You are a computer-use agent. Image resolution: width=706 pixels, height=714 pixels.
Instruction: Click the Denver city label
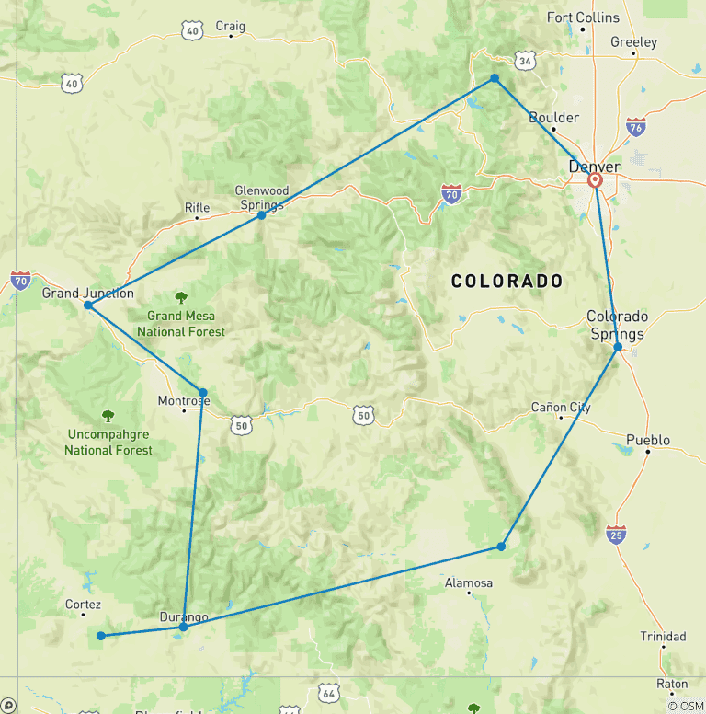(x=594, y=167)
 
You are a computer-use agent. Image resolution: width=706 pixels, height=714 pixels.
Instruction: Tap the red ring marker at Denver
(x=595, y=180)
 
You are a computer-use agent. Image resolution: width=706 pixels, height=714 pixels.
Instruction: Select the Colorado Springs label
(x=617, y=325)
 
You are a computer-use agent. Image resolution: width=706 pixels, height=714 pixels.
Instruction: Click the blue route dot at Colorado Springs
(x=618, y=347)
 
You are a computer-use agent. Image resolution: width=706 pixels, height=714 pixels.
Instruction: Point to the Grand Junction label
(x=87, y=294)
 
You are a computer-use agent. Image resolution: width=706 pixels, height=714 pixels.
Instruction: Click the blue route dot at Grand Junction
(x=87, y=305)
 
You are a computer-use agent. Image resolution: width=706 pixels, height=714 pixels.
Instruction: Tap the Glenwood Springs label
(x=262, y=198)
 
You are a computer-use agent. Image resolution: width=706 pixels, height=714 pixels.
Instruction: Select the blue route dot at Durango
(x=183, y=627)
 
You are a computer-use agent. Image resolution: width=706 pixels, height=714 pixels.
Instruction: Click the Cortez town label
(x=83, y=605)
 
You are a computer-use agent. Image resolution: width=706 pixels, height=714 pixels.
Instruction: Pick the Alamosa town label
(x=469, y=582)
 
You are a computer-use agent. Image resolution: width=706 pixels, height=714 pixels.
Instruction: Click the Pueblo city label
(x=648, y=440)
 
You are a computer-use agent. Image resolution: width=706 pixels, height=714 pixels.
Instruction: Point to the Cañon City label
(x=561, y=407)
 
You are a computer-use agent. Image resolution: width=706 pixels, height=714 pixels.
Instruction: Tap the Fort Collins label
(x=583, y=17)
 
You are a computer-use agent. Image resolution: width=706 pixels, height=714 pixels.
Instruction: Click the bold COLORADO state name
(x=507, y=282)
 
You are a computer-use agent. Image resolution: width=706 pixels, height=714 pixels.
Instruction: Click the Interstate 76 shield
(x=635, y=126)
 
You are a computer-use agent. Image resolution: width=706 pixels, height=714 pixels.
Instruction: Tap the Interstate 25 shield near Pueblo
(x=616, y=534)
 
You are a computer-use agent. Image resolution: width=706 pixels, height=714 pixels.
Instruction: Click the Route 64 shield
(x=330, y=692)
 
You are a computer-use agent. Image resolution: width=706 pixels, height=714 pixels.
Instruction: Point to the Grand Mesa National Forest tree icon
(x=181, y=297)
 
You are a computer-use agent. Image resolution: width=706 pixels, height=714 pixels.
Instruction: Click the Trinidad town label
(x=663, y=637)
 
